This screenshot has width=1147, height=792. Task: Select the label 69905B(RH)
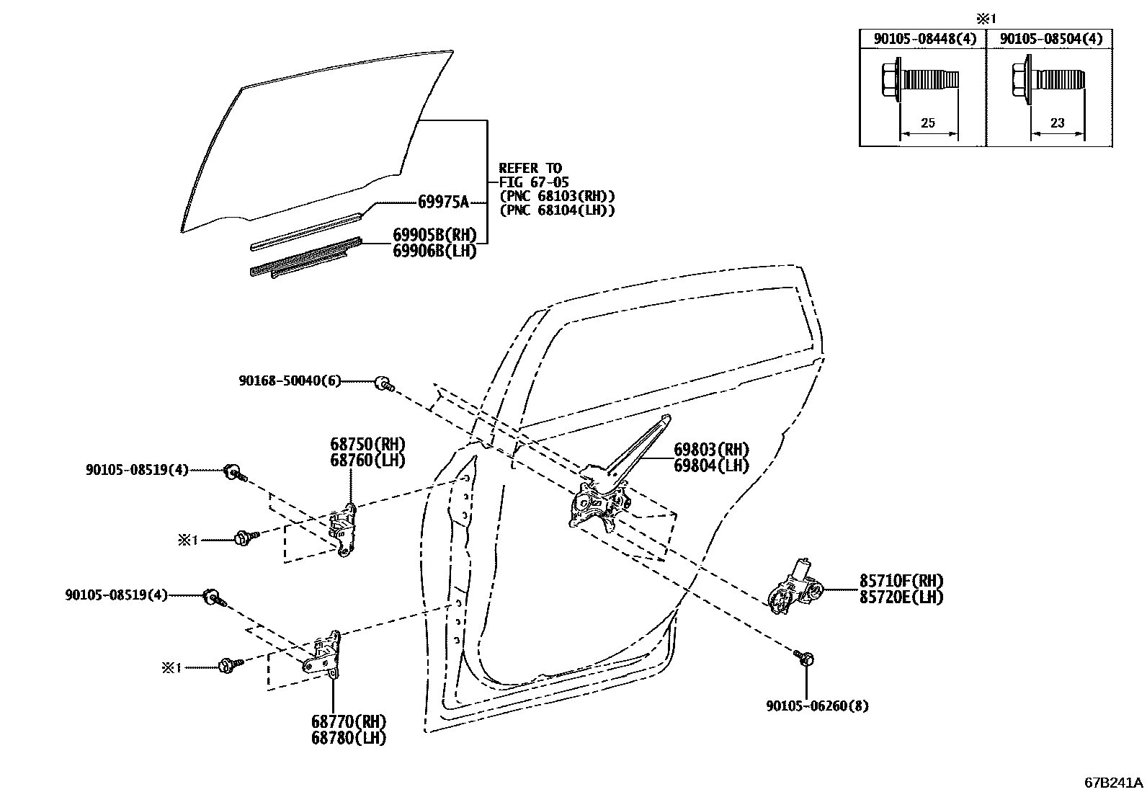(434, 235)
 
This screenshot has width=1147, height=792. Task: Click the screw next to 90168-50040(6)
(385, 384)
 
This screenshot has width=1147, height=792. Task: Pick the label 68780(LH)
(349, 738)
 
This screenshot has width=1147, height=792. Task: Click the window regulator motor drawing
(793, 588)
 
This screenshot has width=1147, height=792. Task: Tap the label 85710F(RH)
(901, 581)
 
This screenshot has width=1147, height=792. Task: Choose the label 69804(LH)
(711, 466)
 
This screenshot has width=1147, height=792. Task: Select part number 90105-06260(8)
(817, 706)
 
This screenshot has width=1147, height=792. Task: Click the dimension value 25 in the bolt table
(928, 123)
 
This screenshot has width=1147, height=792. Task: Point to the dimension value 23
(1057, 123)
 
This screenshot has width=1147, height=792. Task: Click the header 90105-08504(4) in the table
(1051, 39)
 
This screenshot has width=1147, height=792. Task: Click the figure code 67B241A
(1114, 782)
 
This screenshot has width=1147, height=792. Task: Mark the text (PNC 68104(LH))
(557, 210)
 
